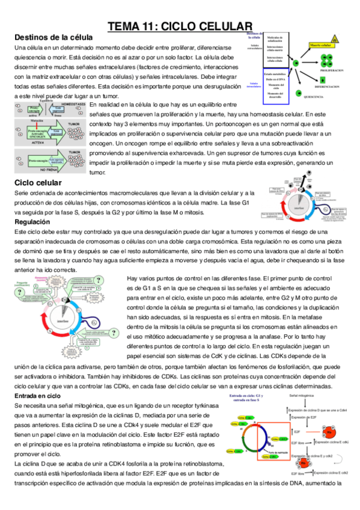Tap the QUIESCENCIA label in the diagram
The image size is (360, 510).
(319, 96)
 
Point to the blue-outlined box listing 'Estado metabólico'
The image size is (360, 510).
(275, 84)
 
